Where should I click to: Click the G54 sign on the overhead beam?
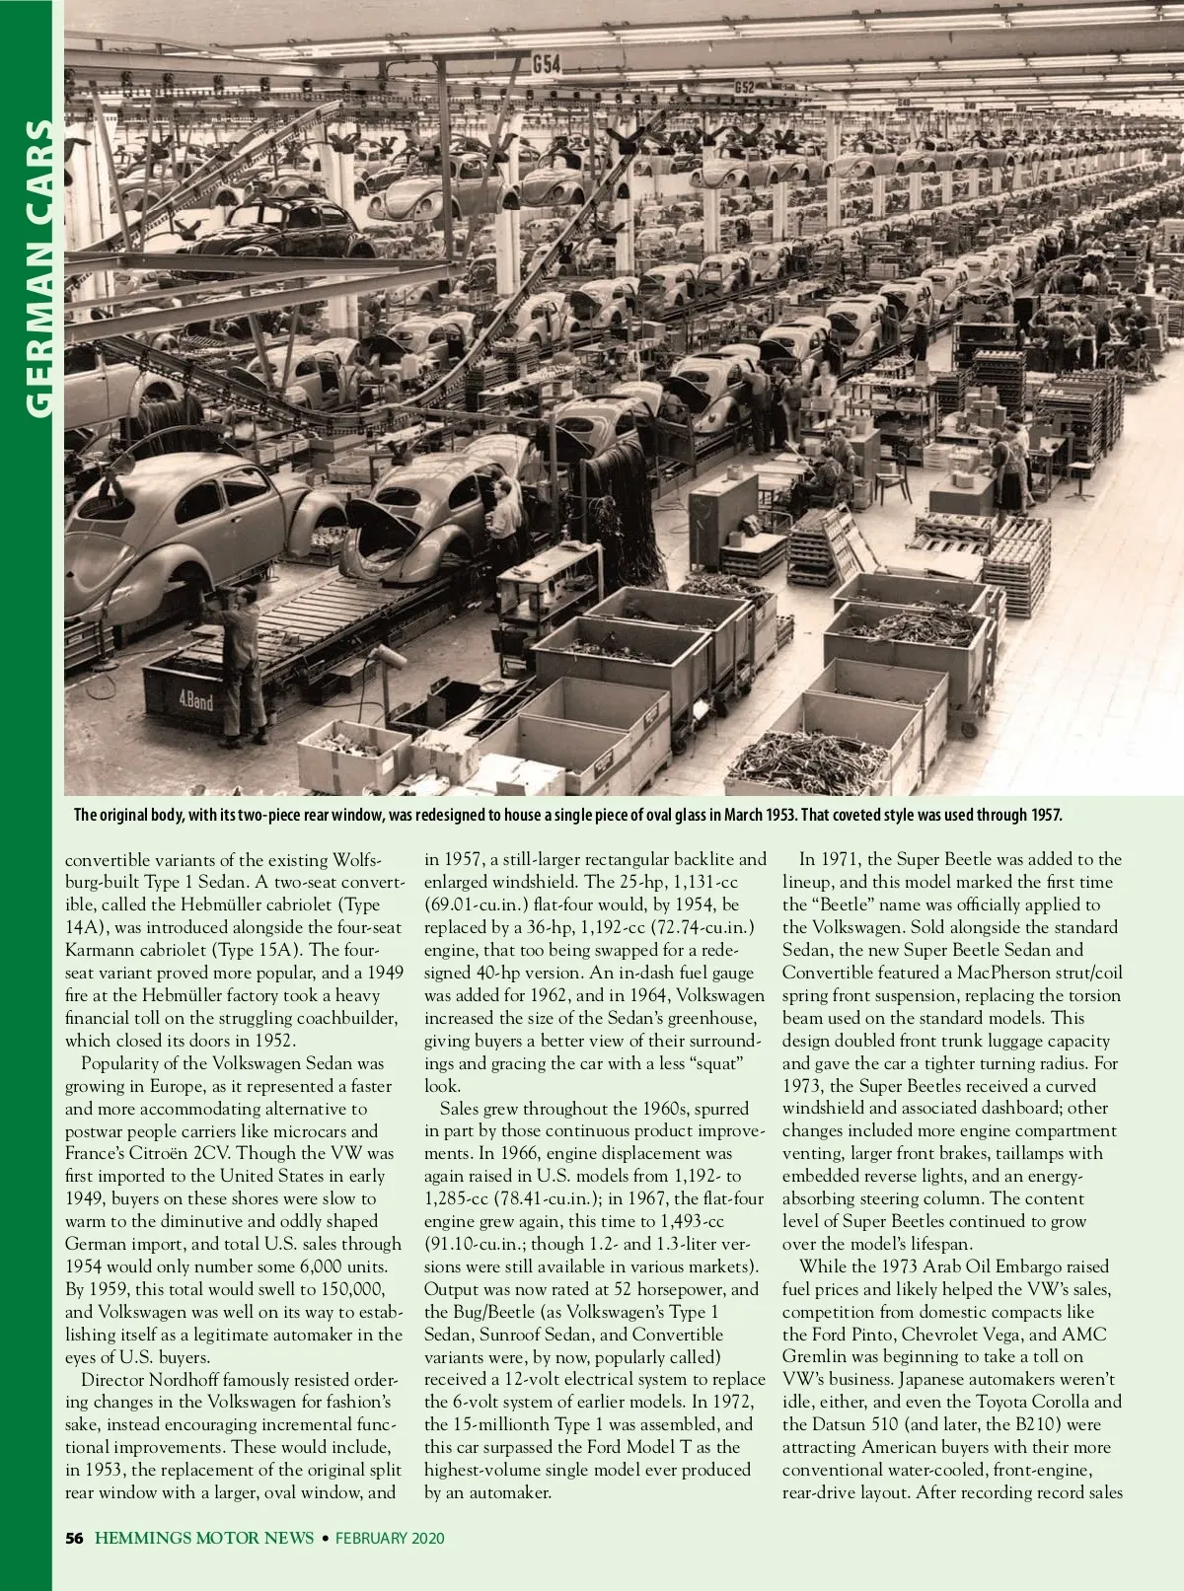click(x=547, y=65)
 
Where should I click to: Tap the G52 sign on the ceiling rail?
click(x=744, y=88)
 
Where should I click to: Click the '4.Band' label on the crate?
click(x=195, y=701)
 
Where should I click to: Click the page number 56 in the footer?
click(x=74, y=1538)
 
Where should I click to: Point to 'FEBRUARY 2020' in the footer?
click(x=390, y=1538)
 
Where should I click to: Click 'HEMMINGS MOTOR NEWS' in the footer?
click(x=204, y=1538)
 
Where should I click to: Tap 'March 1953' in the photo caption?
click(x=760, y=815)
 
